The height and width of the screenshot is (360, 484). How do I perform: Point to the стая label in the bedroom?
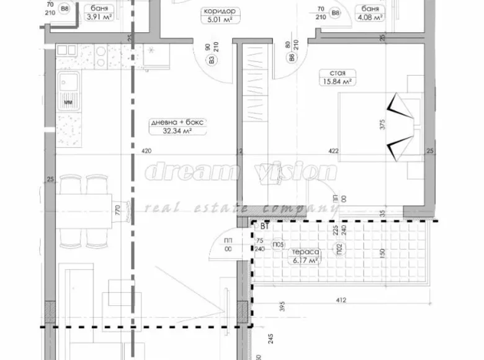(x=338, y=72)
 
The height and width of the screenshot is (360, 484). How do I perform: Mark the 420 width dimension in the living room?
(x=146, y=151)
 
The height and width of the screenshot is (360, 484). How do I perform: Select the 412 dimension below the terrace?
(x=341, y=301)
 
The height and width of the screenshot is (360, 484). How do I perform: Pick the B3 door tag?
(x=212, y=61)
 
